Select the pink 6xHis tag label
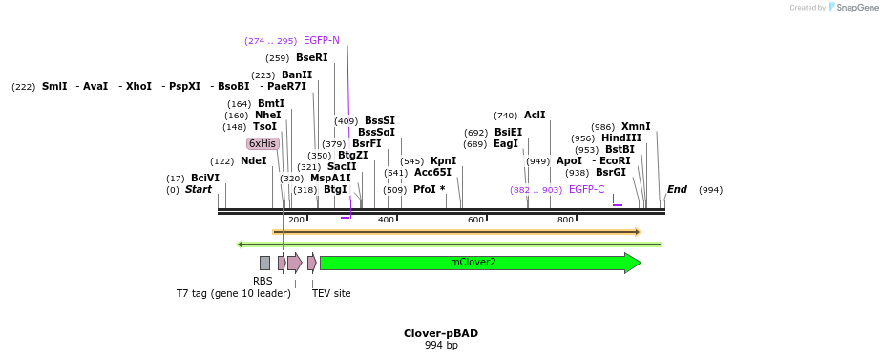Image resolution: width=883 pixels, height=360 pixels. pos(263,143)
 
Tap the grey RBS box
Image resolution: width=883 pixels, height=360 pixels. pos(264,263)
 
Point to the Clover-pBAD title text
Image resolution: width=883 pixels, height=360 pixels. pos(441,333)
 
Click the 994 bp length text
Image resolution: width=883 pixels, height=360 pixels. pos(441,345)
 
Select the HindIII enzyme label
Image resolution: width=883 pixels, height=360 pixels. pos(621,138)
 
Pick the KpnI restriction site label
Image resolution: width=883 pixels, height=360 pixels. pos(443,161)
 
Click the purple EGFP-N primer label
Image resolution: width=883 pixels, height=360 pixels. pos(321,41)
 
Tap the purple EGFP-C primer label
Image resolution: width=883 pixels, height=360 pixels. pos(586,190)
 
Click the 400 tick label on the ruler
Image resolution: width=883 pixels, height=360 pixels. pos(387,220)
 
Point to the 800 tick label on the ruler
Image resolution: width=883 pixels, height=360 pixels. pos(565,220)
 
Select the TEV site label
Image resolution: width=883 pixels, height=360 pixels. pos(331,293)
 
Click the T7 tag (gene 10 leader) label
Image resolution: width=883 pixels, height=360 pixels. pos(233,293)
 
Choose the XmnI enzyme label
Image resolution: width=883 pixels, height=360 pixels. pos(636,127)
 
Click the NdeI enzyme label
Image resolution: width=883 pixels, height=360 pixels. pos(253,161)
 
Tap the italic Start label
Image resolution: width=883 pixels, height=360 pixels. pos(199,190)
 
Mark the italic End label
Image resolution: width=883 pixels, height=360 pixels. pos(677,190)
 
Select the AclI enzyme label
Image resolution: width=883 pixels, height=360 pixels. pos(535,116)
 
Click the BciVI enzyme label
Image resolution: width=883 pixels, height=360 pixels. pos(204,179)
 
